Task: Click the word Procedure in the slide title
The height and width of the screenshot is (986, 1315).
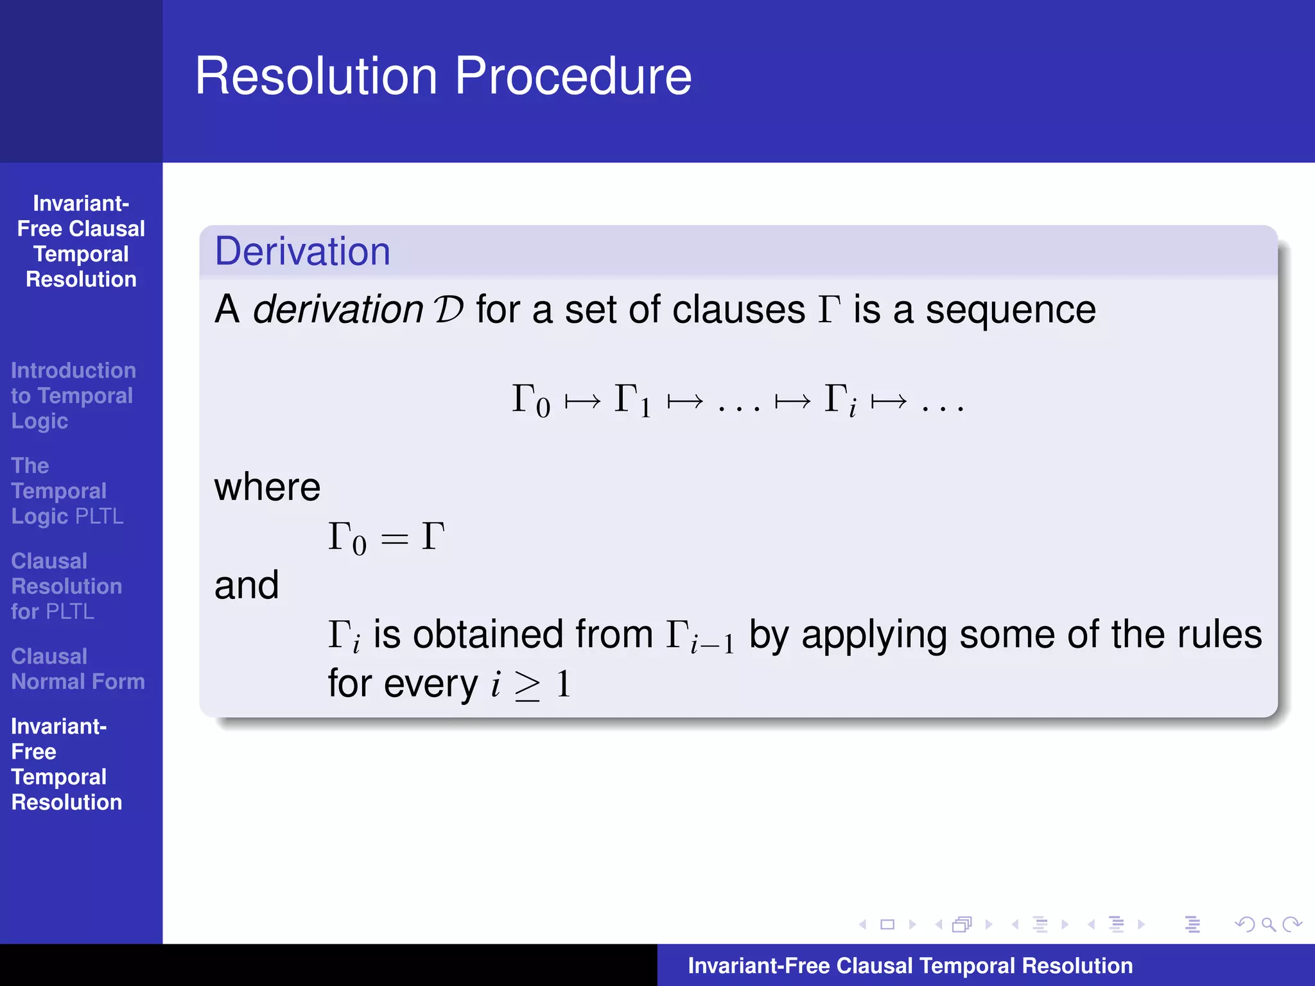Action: click(573, 77)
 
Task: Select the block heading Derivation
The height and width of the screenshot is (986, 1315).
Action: click(302, 251)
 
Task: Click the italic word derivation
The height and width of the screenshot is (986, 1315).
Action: click(338, 310)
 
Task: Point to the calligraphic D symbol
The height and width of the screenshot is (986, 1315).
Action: click(449, 310)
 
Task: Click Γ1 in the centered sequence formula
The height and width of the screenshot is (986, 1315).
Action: click(632, 400)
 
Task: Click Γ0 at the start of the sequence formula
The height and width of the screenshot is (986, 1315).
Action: click(530, 400)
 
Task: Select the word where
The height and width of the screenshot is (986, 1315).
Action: click(267, 487)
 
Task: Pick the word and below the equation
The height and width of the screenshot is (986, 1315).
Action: click(247, 585)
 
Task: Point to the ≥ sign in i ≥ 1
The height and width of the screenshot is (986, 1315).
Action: click(527, 686)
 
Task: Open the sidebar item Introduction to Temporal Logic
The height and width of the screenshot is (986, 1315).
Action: click(73, 395)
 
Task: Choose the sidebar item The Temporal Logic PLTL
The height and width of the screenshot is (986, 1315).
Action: click(67, 491)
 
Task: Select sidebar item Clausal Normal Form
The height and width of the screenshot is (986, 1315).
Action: click(78, 669)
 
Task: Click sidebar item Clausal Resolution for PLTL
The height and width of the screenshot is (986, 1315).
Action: click(66, 586)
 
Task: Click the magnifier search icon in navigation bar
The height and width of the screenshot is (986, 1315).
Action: click(1268, 924)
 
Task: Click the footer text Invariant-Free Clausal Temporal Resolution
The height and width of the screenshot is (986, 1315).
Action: click(910, 965)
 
